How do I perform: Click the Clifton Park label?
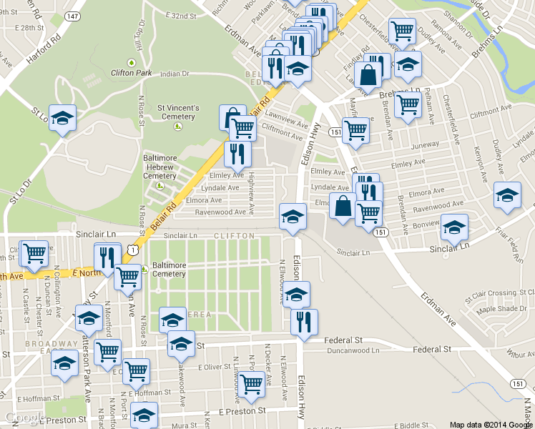[x=131, y=72]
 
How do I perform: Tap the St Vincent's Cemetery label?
[x=176, y=112]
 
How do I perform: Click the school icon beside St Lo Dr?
[x=63, y=118]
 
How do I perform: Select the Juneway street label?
[x=425, y=144]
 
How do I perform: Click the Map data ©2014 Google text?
[x=491, y=424]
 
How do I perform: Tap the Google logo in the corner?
[x=25, y=418]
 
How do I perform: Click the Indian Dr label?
[x=174, y=74]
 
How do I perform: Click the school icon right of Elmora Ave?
[x=507, y=194]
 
